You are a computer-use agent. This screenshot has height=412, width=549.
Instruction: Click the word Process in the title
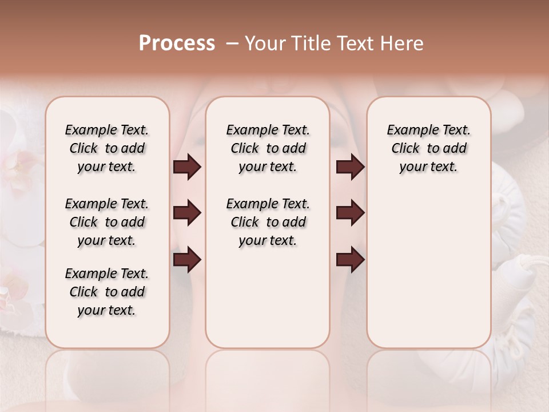pyautogui.click(x=177, y=43)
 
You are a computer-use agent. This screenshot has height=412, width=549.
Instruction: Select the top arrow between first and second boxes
pyautogui.click(x=187, y=167)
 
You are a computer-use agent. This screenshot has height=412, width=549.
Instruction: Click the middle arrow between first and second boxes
pyautogui.click(x=187, y=213)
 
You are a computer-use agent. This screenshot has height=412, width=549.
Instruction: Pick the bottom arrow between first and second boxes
pyautogui.click(x=187, y=260)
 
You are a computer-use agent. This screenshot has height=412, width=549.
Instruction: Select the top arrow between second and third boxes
pyautogui.click(x=350, y=167)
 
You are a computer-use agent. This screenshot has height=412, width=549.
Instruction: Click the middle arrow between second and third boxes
pyautogui.click(x=350, y=213)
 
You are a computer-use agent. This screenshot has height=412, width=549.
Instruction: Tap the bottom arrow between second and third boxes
pyautogui.click(x=350, y=260)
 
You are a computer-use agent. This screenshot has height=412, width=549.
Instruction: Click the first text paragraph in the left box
pyautogui.click(x=107, y=148)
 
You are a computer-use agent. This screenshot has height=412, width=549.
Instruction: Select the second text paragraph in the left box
pyautogui.click(x=107, y=222)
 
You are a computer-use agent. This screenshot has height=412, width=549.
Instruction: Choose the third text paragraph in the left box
pyautogui.click(x=107, y=292)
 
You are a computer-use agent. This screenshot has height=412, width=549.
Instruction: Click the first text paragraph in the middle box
pyautogui.click(x=268, y=148)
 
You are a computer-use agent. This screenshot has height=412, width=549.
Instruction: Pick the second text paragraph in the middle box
pyautogui.click(x=268, y=222)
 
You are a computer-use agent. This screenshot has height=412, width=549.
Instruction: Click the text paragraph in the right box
pyautogui.click(x=428, y=148)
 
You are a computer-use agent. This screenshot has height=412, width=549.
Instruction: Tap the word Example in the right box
pyautogui.click(x=408, y=130)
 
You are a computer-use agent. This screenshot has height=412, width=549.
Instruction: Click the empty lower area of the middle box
pyautogui.click(x=268, y=298)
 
